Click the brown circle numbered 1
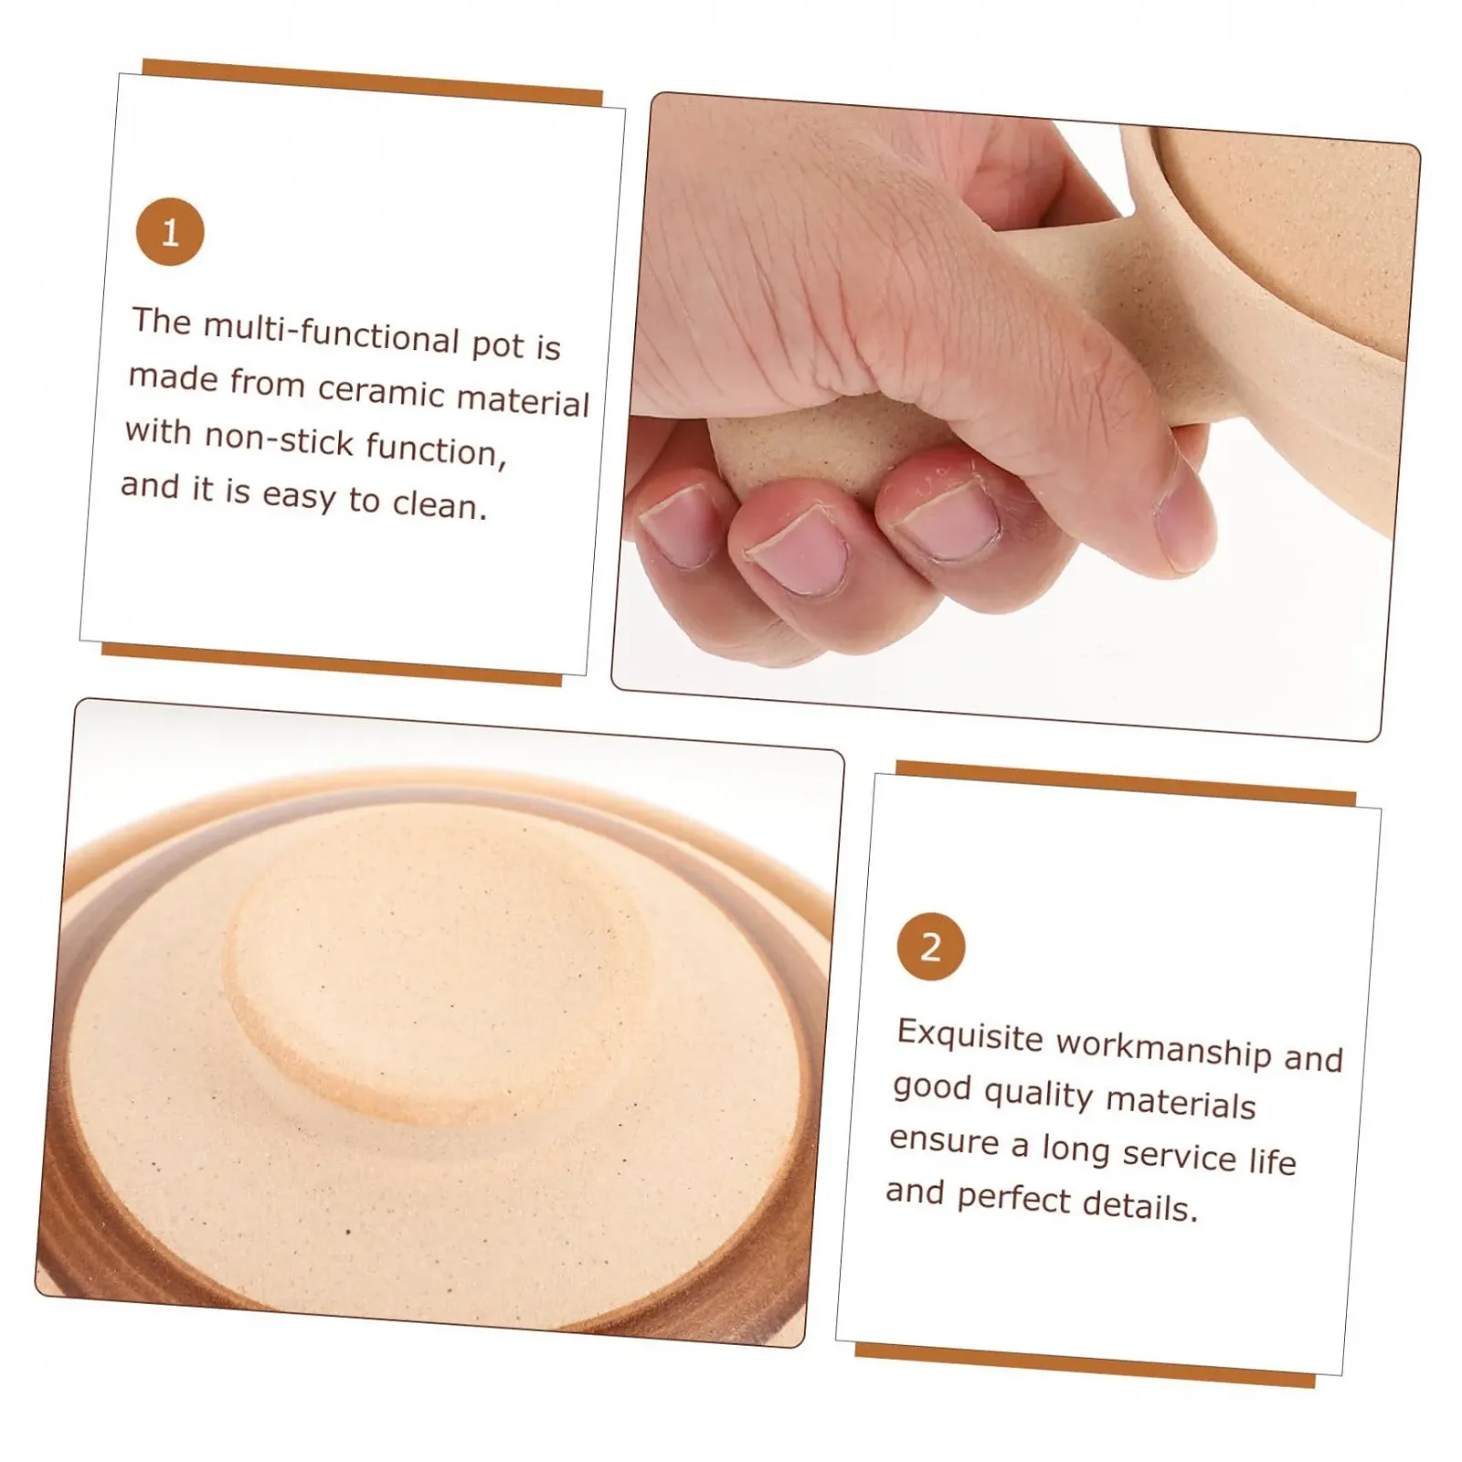coord(170,232)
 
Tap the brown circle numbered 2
coord(931,947)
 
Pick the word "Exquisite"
coord(969,1036)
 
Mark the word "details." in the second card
coord(1139,1205)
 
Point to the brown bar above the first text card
coord(373,82)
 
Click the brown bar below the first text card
coord(331,663)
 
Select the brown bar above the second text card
coord(1126,783)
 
